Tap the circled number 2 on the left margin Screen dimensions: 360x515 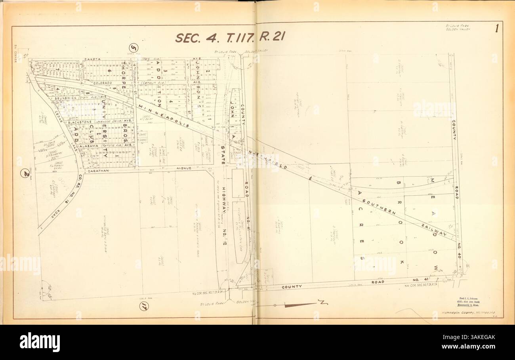point(25,173)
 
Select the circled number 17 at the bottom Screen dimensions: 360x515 point(144,306)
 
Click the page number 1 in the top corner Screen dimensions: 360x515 point(496,29)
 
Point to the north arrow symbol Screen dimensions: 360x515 point(301,305)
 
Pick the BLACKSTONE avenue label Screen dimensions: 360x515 point(80,122)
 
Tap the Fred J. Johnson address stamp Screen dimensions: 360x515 point(471,301)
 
